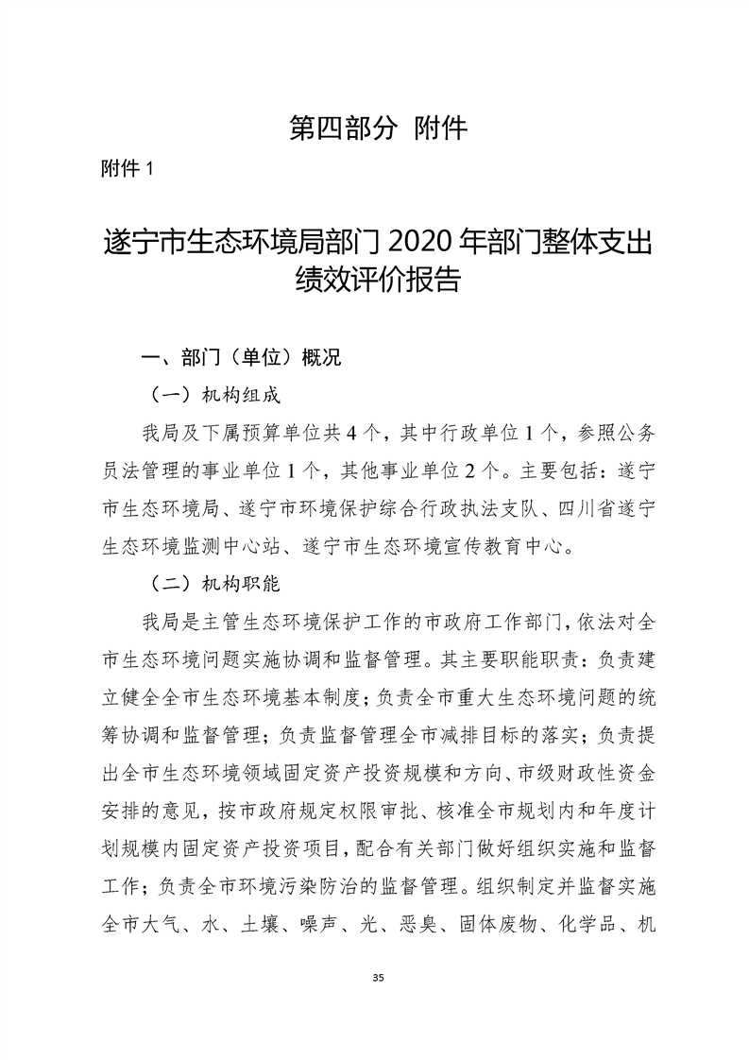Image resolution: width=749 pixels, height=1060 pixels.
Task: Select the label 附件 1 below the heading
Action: pos(126,169)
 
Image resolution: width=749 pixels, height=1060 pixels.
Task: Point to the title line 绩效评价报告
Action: pos(375,281)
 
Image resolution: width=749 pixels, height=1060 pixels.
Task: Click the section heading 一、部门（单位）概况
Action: pos(240,358)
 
